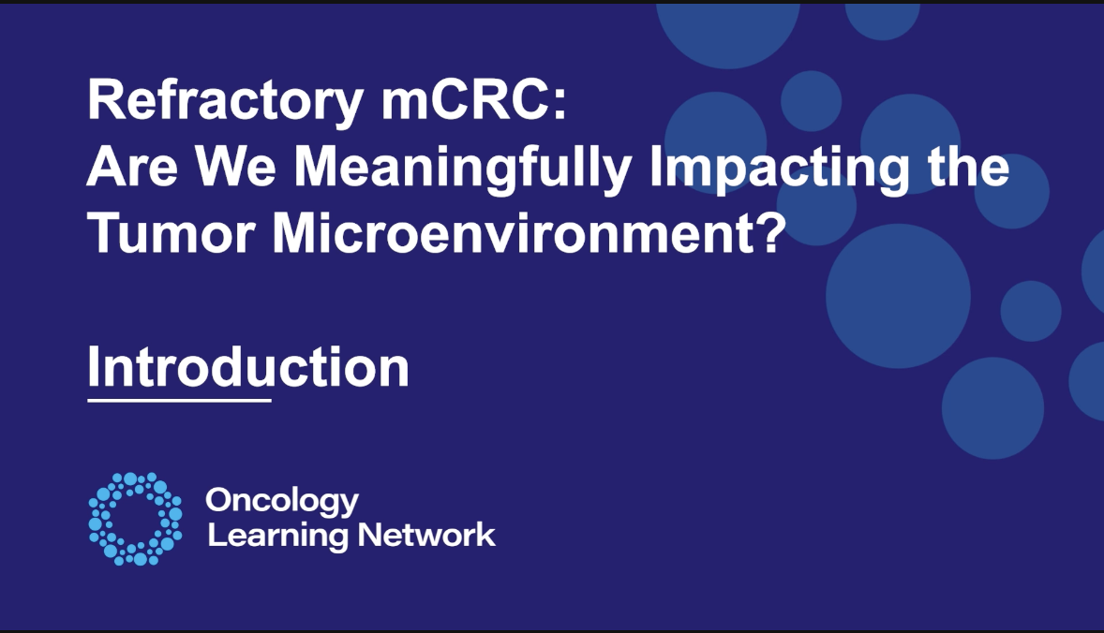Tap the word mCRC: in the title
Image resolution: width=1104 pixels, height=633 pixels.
[x=474, y=100]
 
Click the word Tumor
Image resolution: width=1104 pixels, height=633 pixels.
[x=172, y=233]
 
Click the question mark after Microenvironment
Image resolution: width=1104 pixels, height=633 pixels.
[x=769, y=232]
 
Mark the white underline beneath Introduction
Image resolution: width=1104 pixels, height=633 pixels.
[x=179, y=400]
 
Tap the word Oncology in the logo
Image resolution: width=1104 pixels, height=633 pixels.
[x=282, y=502]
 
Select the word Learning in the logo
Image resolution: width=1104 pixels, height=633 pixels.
[x=277, y=537]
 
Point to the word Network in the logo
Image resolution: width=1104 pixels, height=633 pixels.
[x=426, y=536]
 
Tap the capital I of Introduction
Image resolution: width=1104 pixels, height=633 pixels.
[x=93, y=366]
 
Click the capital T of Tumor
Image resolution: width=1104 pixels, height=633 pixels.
[x=105, y=233]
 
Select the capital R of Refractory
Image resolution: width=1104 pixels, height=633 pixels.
[x=107, y=100]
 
